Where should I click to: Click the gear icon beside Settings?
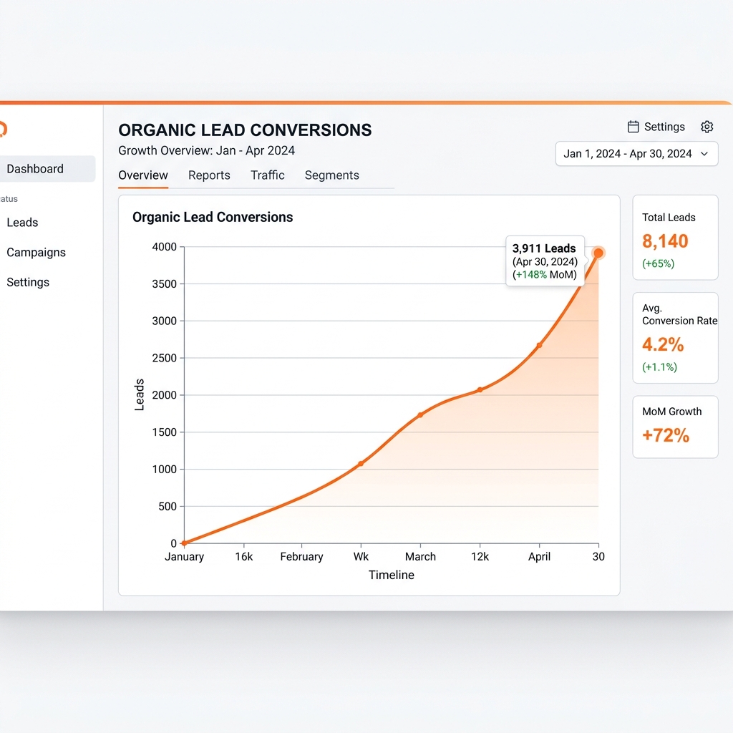(x=707, y=127)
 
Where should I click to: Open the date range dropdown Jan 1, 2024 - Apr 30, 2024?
(x=636, y=154)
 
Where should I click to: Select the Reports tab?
(x=209, y=175)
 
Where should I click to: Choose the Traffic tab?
(x=268, y=175)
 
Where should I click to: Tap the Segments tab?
(x=332, y=175)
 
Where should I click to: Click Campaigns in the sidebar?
(x=36, y=253)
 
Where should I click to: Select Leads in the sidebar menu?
(x=22, y=223)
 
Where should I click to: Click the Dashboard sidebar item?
(x=35, y=169)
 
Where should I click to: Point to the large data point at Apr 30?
(x=598, y=253)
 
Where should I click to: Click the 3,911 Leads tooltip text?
(x=544, y=248)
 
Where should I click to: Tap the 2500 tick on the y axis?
(x=164, y=358)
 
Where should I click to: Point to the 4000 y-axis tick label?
(x=164, y=247)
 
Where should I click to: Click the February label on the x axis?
(x=301, y=557)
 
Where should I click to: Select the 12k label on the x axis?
(x=480, y=557)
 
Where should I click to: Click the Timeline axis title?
(x=392, y=575)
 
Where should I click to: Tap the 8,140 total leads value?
(x=665, y=241)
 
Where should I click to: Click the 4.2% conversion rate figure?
(x=663, y=344)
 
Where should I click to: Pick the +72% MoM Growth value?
(x=666, y=435)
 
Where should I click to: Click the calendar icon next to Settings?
(x=633, y=127)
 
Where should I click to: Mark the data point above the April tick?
(x=540, y=346)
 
